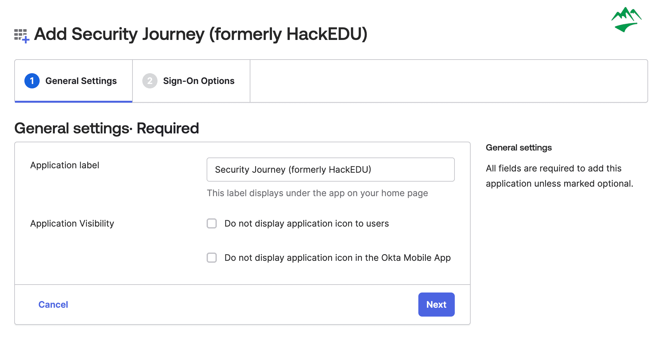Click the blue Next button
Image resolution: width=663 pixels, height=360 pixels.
coord(436,304)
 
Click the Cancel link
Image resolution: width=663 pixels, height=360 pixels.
coord(53,305)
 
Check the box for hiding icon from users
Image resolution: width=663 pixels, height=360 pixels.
coord(212,223)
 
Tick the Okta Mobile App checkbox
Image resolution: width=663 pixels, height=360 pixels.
coord(212,258)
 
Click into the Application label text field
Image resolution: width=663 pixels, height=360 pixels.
coord(331,170)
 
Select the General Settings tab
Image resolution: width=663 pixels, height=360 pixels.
coord(74,81)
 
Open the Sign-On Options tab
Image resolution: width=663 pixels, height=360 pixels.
coord(191,81)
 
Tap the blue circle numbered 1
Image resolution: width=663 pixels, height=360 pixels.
coord(32,81)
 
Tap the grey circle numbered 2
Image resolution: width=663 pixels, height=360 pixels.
coord(150,81)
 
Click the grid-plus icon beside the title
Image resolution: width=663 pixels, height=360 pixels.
coord(22,35)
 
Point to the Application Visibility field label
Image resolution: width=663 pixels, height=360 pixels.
coord(72,223)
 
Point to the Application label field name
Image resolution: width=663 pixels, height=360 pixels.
coord(65,165)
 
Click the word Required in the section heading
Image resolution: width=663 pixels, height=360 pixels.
coord(168,128)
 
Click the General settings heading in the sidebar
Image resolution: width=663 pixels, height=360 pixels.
coord(519,147)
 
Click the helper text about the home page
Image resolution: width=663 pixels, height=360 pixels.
coord(317,193)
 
